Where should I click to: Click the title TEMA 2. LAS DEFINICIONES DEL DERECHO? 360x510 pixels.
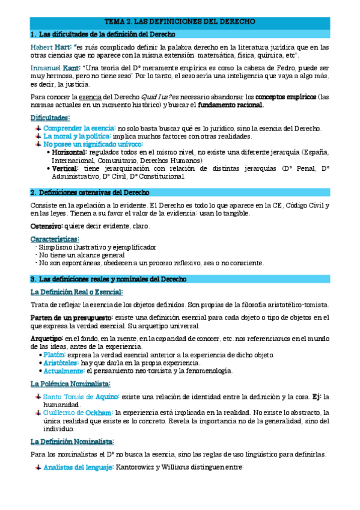point(180,21)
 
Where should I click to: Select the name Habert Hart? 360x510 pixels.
point(52,46)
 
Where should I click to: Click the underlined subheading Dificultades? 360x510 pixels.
point(50,118)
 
